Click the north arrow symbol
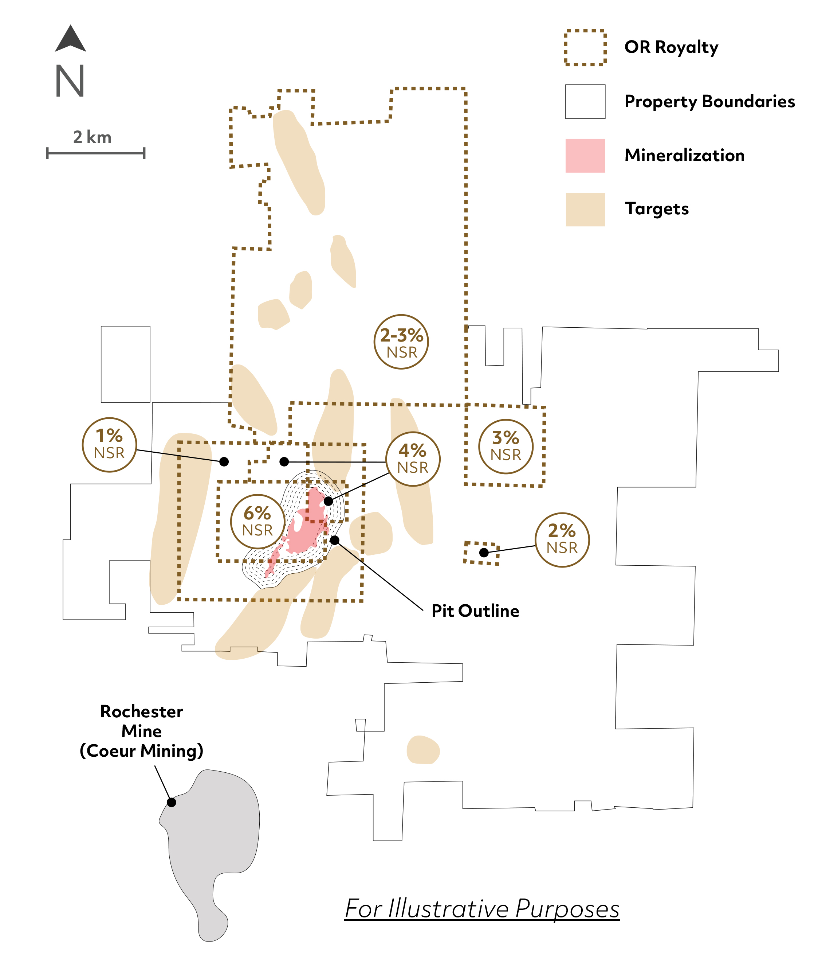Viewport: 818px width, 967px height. (71, 39)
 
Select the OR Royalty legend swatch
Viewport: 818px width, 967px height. (585, 48)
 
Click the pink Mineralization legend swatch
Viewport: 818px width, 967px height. (585, 155)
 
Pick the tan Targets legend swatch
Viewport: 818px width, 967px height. (585, 209)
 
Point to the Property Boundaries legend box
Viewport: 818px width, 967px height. (585, 102)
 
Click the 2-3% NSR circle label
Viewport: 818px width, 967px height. (401, 342)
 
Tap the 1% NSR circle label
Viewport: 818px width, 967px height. (109, 445)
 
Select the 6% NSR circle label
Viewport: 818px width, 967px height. (257, 522)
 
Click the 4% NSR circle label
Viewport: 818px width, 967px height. (413, 459)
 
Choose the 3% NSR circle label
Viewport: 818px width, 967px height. (506, 447)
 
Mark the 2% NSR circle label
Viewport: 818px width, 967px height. (562, 540)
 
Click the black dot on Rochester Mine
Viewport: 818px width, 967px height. (172, 802)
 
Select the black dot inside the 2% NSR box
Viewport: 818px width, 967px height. (484, 552)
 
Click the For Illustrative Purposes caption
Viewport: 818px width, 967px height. (482, 909)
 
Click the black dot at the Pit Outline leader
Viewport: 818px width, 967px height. (335, 540)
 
